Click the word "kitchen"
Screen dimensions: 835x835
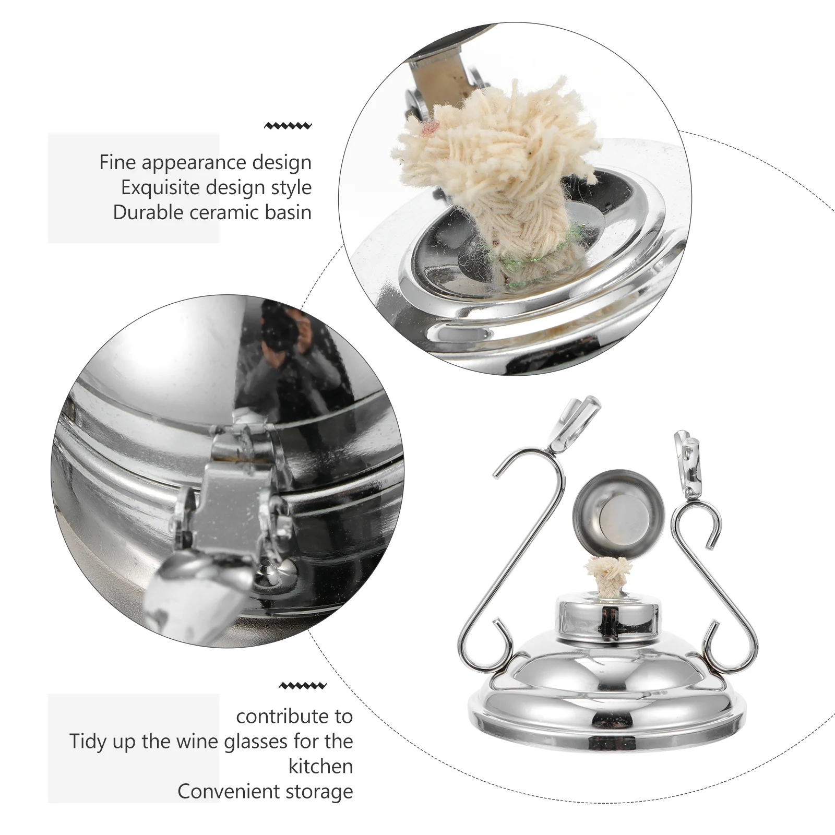point(320,766)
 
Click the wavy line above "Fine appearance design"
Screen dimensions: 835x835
point(288,126)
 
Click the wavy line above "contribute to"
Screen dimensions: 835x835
point(303,686)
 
